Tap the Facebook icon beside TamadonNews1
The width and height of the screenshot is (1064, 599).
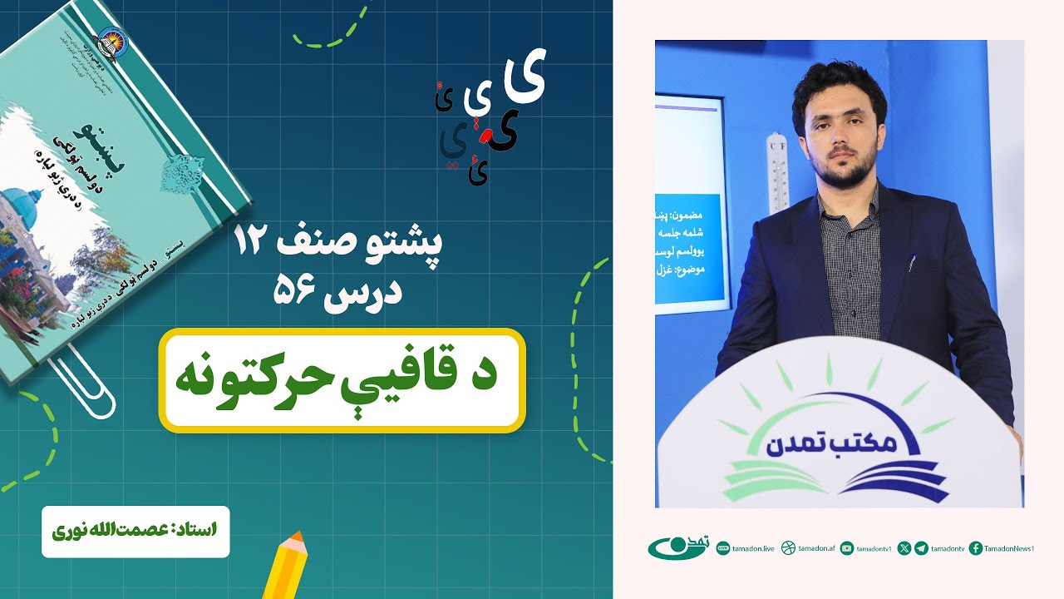976,548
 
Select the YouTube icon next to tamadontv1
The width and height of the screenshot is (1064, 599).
847,548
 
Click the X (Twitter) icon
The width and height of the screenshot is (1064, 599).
904,548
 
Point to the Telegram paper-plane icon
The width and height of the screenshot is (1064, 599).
921,548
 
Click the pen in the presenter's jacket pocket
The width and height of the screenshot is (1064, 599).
911,265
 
